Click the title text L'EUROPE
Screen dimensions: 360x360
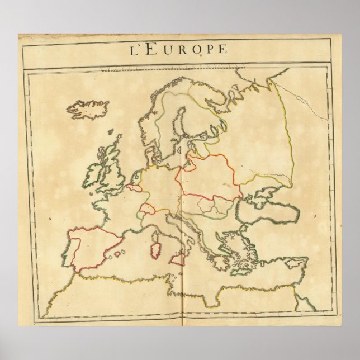point(179,49)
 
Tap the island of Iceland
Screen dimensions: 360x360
point(88,109)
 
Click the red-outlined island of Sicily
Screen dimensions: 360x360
point(178,258)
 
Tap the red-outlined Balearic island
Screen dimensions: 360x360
point(119,254)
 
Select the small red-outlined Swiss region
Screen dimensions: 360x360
point(146,209)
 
